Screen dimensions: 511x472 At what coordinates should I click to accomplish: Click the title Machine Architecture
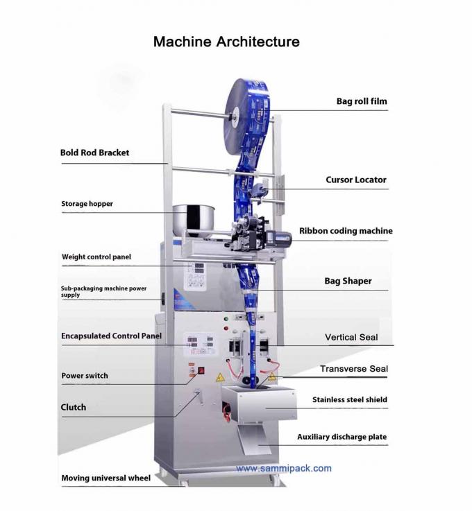point(226,42)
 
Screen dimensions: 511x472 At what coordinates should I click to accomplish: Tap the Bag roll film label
point(362,101)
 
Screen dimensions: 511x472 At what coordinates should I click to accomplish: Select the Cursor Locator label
point(356,180)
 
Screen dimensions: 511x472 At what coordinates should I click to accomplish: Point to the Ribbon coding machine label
point(346,231)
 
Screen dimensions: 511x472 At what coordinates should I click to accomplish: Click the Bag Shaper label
point(348,282)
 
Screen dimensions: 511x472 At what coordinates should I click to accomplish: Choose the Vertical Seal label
point(351,338)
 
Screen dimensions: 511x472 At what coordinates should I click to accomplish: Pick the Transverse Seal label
point(354,369)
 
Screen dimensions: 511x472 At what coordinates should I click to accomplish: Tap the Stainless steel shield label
point(349,399)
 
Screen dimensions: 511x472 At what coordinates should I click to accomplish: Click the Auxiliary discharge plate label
point(342,437)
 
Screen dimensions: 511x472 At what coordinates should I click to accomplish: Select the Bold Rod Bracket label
point(94,153)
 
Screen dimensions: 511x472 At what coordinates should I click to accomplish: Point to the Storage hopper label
point(87,204)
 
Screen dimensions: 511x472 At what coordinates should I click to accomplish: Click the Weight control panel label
point(96,257)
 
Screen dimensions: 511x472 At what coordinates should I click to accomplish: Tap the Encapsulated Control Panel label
point(111,336)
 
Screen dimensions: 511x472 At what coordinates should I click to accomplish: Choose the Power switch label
point(85,376)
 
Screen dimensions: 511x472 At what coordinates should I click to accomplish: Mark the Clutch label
point(74,407)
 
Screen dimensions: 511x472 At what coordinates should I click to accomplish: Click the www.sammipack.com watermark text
point(283,468)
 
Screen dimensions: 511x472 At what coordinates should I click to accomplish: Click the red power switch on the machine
point(201,370)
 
